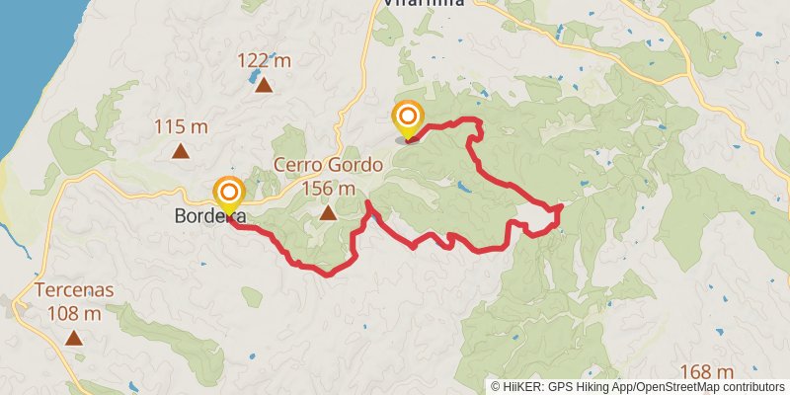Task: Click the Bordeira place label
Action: click(x=208, y=216)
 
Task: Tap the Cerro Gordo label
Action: click(x=315, y=165)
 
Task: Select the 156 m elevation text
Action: click(x=328, y=188)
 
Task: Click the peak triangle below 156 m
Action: click(x=327, y=211)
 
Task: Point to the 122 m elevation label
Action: click(x=264, y=61)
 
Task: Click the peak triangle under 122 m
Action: click(x=264, y=85)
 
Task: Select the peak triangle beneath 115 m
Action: click(x=181, y=151)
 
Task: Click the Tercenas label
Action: click(x=74, y=291)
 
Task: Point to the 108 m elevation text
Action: click(x=74, y=314)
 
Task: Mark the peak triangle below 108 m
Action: click(x=74, y=338)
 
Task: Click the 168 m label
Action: click(x=707, y=372)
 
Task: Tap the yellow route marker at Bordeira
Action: click(x=229, y=195)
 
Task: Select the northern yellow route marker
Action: click(x=407, y=118)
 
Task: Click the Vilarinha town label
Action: click(x=423, y=4)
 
